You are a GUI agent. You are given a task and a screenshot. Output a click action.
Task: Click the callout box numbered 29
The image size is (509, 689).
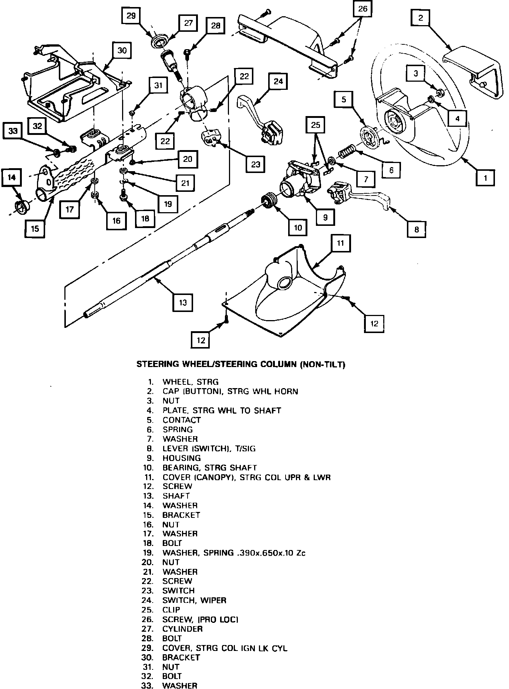pos(131,16)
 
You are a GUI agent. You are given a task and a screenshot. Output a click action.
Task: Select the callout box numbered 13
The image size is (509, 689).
pos(183,303)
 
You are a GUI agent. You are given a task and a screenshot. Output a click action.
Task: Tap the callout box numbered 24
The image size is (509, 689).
pos(278,82)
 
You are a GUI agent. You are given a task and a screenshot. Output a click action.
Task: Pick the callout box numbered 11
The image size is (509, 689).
pos(341,243)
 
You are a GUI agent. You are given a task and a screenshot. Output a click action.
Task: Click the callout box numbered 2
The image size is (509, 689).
pos(420,17)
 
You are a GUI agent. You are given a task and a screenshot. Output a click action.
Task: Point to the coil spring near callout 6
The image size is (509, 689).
pos(347,152)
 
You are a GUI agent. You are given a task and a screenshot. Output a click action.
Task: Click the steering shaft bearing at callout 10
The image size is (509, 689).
pos(269,202)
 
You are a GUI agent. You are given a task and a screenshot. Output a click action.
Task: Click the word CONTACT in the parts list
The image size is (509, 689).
pos(182,420)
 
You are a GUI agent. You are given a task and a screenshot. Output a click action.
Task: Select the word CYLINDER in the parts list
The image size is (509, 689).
pos(182,629)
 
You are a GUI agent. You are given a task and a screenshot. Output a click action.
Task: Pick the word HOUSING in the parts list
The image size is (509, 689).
pos(182,458)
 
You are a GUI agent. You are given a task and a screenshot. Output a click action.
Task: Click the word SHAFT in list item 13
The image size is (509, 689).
pos(176,496)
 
